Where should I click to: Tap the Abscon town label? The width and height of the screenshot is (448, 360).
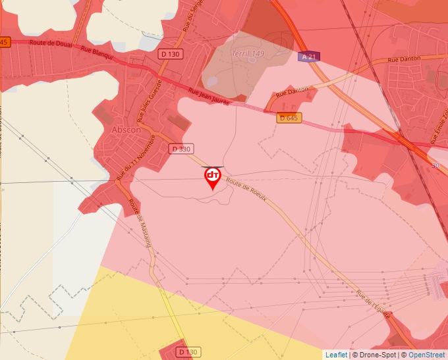pyautogui.click(x=127, y=130)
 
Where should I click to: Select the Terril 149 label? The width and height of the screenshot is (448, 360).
pyautogui.click(x=248, y=53)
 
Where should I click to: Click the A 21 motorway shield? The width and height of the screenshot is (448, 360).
pyautogui.click(x=308, y=57)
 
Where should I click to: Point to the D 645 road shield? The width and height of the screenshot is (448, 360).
pyautogui.click(x=288, y=118)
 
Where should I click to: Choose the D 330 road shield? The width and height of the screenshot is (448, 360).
pyautogui.click(x=180, y=149)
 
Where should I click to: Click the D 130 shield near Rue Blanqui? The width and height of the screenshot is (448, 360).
pyautogui.click(x=171, y=54)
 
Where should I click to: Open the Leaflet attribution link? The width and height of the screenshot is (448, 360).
pyautogui.click(x=336, y=355)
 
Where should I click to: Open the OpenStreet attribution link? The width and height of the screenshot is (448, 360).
pyautogui.click(x=426, y=355)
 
